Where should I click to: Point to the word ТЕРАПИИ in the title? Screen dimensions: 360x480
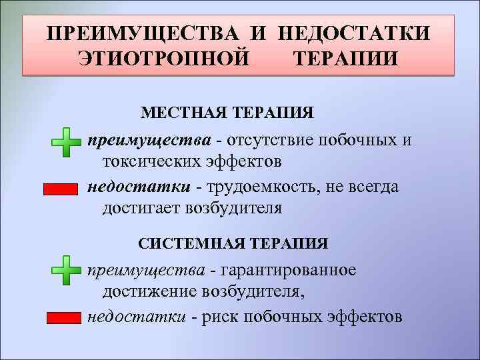pos(346,59)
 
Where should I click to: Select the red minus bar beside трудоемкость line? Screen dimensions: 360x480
pos(61,189)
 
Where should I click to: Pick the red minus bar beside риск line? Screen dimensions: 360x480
pos(63,318)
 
